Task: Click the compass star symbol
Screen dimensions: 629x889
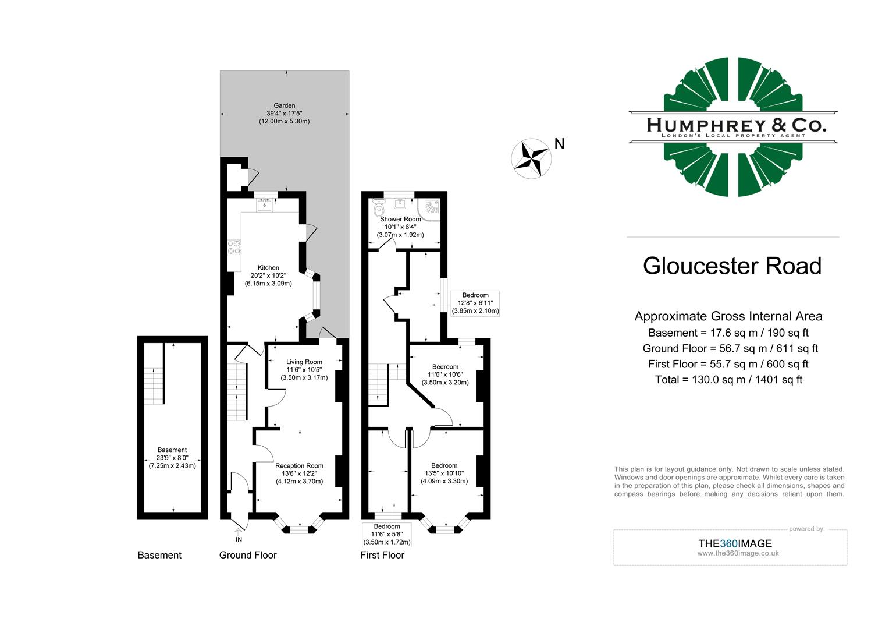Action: click(x=531, y=158)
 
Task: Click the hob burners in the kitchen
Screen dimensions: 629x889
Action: click(x=234, y=248)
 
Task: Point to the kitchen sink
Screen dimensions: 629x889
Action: click(x=265, y=204)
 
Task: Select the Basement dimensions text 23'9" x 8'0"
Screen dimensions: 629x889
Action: click(x=172, y=458)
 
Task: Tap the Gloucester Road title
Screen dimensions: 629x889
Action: click(x=732, y=266)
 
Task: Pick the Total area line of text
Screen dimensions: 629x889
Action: click(x=728, y=380)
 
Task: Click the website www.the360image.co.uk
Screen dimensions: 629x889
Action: click(x=738, y=553)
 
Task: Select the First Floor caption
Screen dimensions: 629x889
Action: click(x=382, y=555)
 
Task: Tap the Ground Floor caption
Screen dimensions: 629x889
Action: click(x=248, y=555)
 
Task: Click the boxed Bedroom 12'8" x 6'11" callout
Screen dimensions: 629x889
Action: click(x=475, y=303)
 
